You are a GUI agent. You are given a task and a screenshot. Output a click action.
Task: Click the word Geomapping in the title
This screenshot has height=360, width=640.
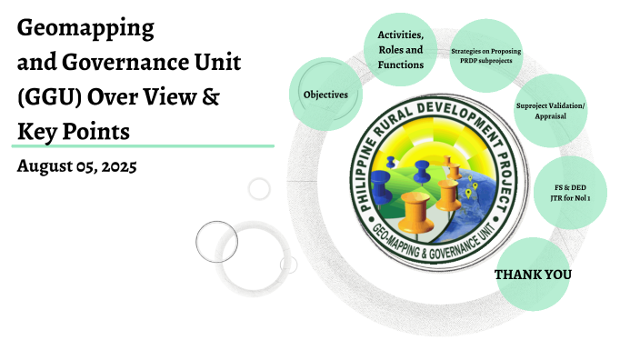point(87,28)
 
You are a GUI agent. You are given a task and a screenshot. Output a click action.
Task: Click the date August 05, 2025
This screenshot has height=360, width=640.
point(76,167)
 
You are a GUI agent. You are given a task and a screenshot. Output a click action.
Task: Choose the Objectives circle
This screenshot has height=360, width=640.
point(325,94)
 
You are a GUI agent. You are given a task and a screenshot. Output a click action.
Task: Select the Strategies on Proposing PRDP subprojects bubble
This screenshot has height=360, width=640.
point(485,56)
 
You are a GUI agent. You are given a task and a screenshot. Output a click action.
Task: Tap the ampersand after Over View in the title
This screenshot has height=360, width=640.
point(208,96)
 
